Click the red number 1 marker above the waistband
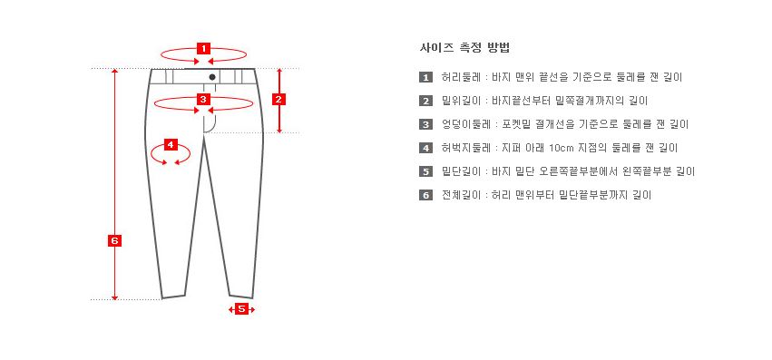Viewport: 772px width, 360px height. coord(203,48)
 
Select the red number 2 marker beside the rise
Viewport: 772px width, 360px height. coord(279,99)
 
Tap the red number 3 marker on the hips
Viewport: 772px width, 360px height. coord(203,99)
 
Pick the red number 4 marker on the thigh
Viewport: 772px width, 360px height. coord(171,145)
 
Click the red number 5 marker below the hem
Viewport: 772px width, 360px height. coord(241,309)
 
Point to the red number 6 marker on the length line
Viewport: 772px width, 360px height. coord(114,241)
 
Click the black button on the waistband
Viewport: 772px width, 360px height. coord(212,77)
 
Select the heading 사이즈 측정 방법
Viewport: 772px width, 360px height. coord(464,48)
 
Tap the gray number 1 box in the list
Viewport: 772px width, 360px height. coord(425,77)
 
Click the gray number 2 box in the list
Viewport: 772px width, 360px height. coord(425,101)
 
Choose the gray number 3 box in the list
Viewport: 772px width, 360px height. coord(425,124)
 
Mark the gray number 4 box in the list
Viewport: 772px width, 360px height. coord(425,148)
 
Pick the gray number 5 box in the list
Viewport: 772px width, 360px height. coord(425,171)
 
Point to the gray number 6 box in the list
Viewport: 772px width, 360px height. coord(425,195)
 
